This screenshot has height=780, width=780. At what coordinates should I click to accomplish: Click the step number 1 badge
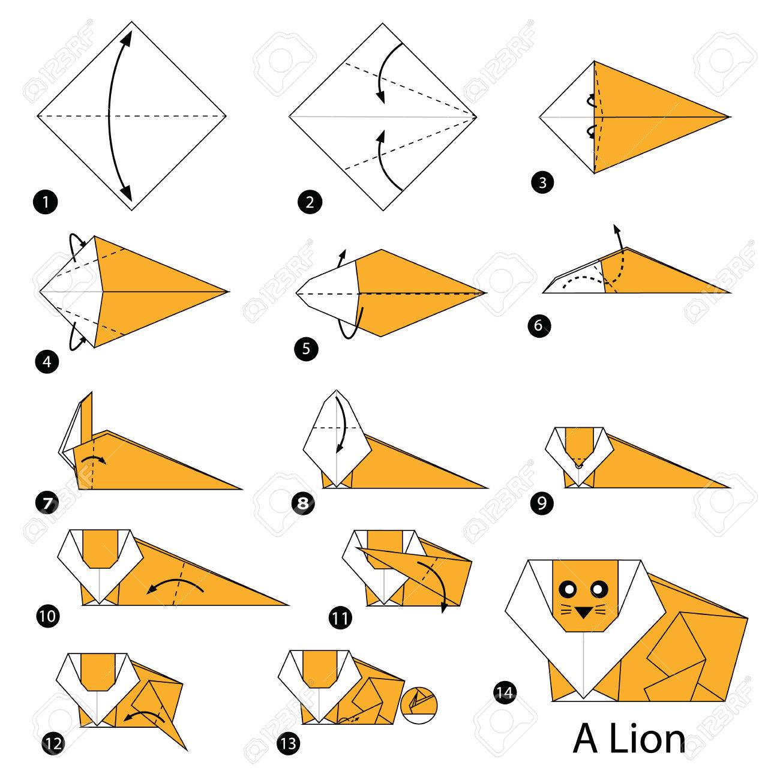click(46, 202)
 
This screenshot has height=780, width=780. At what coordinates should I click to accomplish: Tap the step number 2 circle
click(310, 202)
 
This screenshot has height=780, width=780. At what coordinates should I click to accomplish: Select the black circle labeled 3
click(542, 182)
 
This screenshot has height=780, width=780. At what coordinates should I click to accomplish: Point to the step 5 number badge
click(306, 349)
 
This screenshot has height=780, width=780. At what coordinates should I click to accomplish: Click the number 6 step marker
click(539, 325)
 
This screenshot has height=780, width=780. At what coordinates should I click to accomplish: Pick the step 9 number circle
click(542, 503)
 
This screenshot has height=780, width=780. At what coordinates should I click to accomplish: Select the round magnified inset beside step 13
click(419, 706)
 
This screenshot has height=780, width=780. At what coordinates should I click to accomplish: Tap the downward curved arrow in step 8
click(343, 425)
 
